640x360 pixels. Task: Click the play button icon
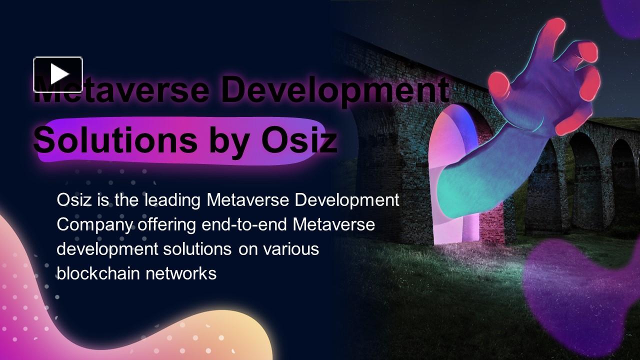click(x=58, y=74)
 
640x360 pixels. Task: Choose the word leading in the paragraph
click(x=172, y=200)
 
